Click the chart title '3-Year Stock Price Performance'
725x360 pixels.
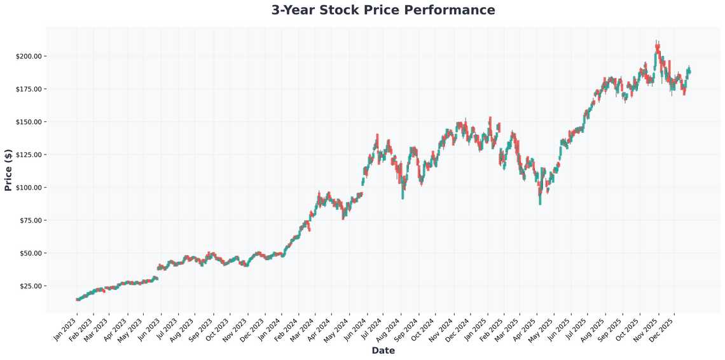(383, 10)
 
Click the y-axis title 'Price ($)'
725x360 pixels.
(8, 170)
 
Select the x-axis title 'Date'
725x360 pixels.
(383, 350)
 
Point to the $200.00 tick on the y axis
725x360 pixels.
(29, 56)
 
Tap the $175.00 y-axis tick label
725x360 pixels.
(29, 89)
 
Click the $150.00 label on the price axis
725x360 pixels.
(29, 121)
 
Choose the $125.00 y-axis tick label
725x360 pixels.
(29, 155)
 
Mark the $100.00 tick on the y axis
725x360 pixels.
(29, 188)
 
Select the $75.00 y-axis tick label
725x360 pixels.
(31, 220)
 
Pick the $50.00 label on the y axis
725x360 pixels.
(31, 253)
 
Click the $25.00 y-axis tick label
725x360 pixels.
(31, 286)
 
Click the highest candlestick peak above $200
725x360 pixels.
(657, 41)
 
